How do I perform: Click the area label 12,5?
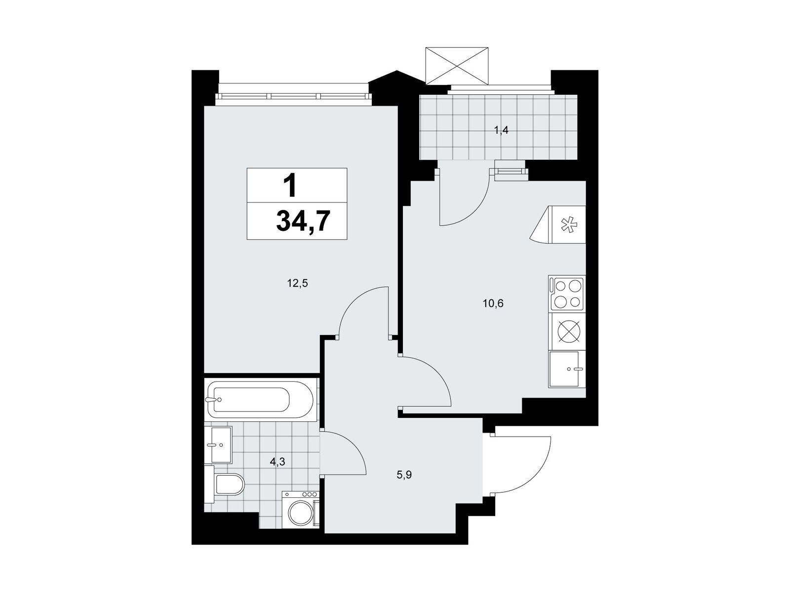tap(297, 284)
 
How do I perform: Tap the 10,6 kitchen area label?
tap(493, 304)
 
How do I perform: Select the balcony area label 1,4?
tap(501, 130)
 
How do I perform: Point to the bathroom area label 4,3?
tap(277, 462)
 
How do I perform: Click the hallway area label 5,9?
tap(404, 475)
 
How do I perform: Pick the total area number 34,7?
tap(303, 222)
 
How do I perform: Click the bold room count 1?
tap(290, 185)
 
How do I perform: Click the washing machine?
tap(301, 510)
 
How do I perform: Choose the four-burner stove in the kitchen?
tap(567, 294)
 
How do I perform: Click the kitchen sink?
tap(567, 370)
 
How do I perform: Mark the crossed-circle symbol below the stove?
tap(567, 331)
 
